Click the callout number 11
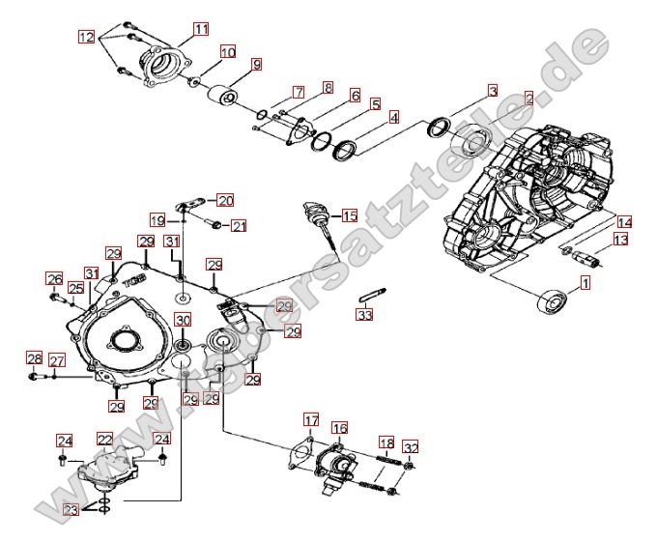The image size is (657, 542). pos(200,29)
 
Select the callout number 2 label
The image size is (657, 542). pos(528,98)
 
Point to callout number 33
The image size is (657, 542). pos(363,315)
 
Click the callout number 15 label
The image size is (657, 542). pos(349,215)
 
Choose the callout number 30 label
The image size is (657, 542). pos(183,321)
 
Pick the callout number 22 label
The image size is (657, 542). pos(105,439)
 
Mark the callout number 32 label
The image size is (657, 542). pos(412,446)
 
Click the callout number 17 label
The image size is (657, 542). pos(310,419)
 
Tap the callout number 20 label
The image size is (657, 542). pos(225,201)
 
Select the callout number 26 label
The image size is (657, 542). pos(54,280)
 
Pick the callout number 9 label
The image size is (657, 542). pos(256,65)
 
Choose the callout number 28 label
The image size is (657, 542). pos(34,359)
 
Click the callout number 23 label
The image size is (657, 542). pos(71,510)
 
